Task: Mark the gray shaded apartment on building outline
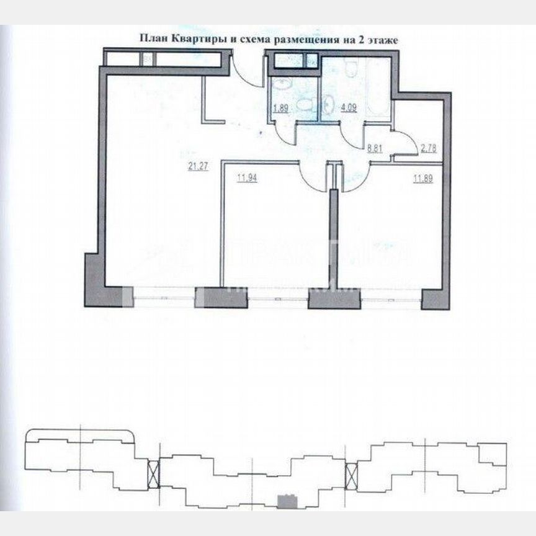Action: pos(286,498)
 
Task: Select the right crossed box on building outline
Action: pos(351,475)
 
